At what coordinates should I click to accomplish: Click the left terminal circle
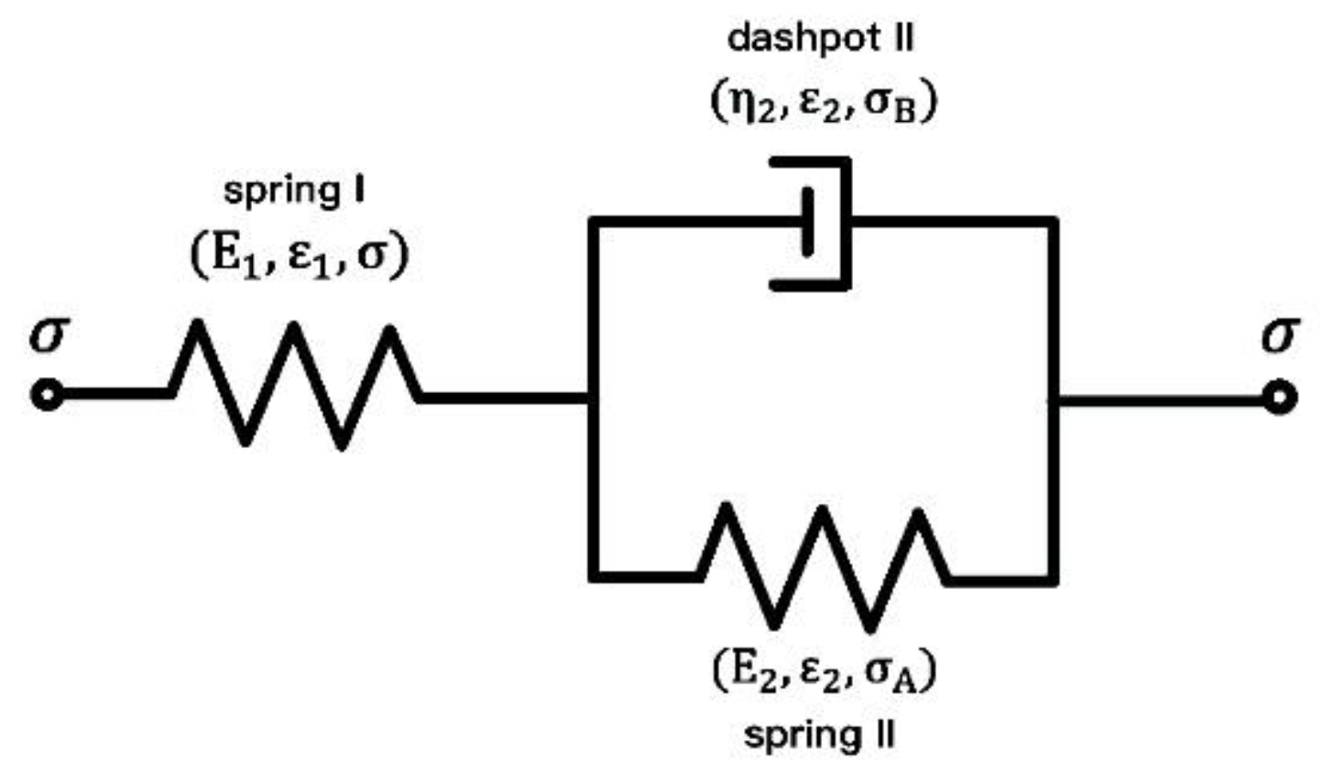(x=47, y=395)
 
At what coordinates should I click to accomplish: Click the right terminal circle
(x=1280, y=397)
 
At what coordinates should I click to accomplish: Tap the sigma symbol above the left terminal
(x=49, y=334)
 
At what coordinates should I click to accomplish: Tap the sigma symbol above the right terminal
(x=1280, y=334)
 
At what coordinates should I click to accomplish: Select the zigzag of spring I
(x=295, y=386)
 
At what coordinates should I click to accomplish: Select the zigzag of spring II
(x=821, y=568)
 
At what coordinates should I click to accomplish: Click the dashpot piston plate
(x=807, y=223)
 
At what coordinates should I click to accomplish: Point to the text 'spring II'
(x=819, y=736)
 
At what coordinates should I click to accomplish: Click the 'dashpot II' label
(x=821, y=40)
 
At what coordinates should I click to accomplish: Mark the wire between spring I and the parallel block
(x=504, y=397)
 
